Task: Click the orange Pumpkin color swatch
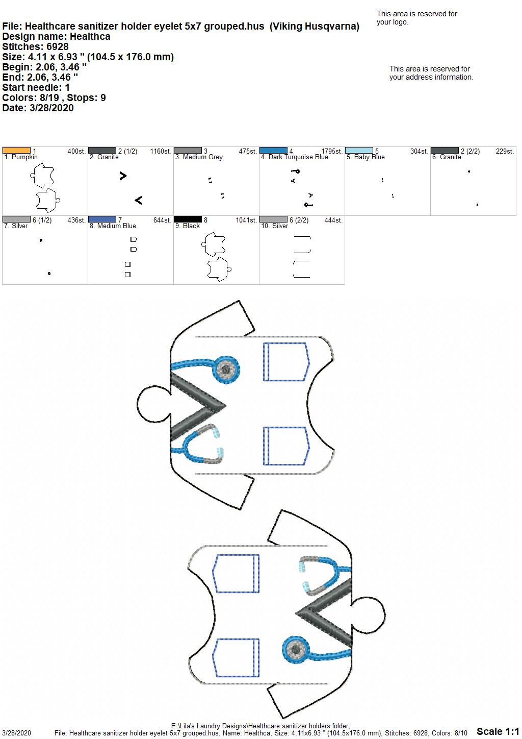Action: click(x=16, y=151)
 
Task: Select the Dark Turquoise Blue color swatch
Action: click(x=273, y=151)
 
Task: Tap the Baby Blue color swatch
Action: click(x=359, y=151)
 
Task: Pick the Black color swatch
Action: click(x=188, y=219)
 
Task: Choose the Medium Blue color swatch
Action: click(x=102, y=219)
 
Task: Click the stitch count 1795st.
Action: click(x=332, y=151)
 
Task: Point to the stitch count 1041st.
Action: click(x=246, y=220)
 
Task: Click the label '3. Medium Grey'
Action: click(x=199, y=157)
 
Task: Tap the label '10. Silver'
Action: click(x=275, y=226)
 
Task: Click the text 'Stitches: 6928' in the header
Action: click(x=35, y=46)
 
